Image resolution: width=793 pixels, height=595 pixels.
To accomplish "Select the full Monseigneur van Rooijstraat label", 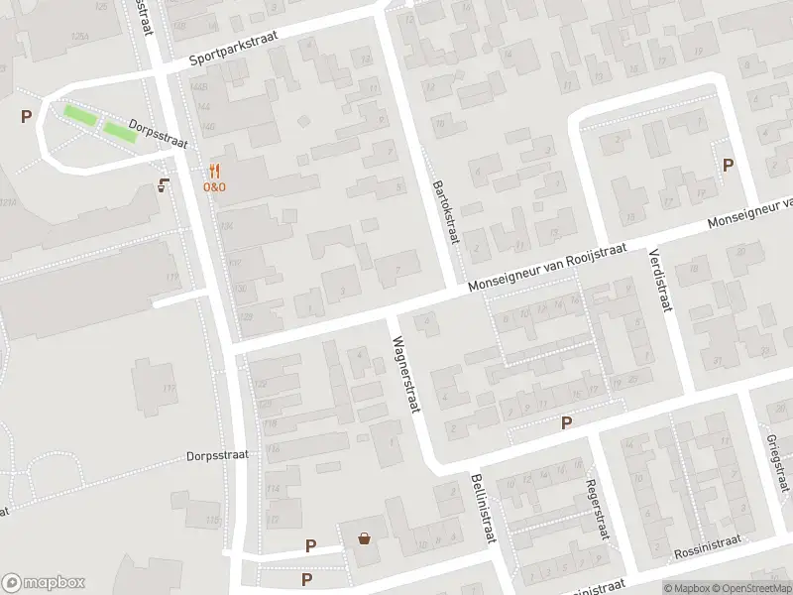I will tap(548, 269).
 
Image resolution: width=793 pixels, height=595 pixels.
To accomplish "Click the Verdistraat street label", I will tap(660, 280).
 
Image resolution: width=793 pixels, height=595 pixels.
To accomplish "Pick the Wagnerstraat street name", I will tap(408, 372).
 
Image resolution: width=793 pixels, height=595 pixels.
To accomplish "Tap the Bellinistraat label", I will tap(482, 508).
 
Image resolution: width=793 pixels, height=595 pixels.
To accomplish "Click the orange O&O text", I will tap(215, 186).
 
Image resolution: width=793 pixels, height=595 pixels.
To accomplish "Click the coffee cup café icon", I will tap(164, 183).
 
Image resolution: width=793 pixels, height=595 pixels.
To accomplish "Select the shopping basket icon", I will tap(365, 538).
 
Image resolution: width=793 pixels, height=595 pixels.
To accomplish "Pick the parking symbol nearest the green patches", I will tap(26, 116).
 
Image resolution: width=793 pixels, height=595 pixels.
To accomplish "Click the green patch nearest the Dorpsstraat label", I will tap(120, 132).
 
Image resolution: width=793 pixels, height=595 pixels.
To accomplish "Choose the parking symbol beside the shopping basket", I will tap(310, 545).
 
